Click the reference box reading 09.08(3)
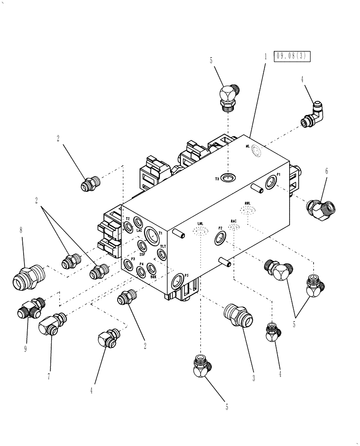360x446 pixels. click(292, 57)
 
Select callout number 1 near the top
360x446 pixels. click(265, 57)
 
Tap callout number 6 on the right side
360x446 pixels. click(326, 171)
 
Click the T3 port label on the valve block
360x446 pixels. click(217, 178)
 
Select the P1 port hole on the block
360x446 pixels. click(270, 182)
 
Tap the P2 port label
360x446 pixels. click(220, 228)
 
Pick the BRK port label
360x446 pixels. click(153, 277)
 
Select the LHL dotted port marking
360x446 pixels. click(201, 230)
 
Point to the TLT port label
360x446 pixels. click(163, 247)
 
